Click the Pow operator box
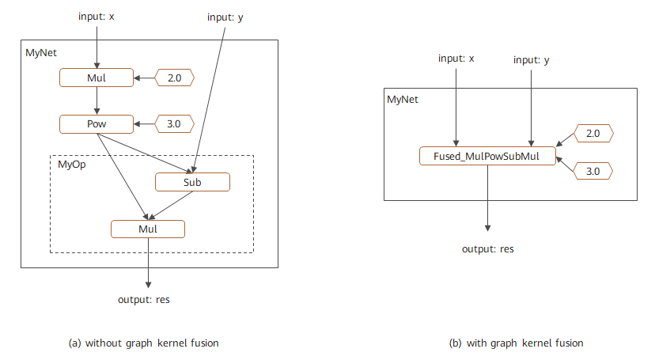pyautogui.click(x=96, y=124)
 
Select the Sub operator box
pyautogui.click(x=192, y=182)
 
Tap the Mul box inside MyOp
pyautogui.click(x=148, y=229)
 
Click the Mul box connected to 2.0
pyautogui.click(x=96, y=78)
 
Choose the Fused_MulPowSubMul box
pyautogui.click(x=487, y=156)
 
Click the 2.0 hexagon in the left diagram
pyautogui.click(x=174, y=78)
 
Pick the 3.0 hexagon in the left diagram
pyautogui.click(x=174, y=124)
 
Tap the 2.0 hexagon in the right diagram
pyautogui.click(x=593, y=135)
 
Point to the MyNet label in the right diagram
pyautogui.click(x=403, y=100)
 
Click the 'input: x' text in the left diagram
pyautogui.click(x=97, y=16)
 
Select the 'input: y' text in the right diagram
pyautogui.click(x=532, y=60)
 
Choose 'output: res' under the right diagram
pyautogui.click(x=488, y=248)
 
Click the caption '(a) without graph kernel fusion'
pyautogui.click(x=144, y=343)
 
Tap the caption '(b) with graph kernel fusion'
pyautogui.click(x=516, y=343)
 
